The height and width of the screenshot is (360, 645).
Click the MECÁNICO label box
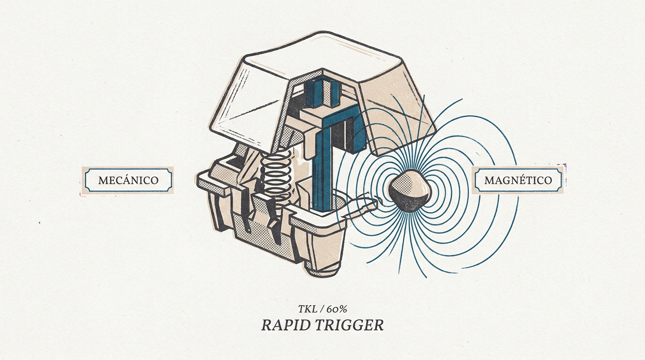(x=128, y=180)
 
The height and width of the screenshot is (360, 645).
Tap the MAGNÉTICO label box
(x=518, y=180)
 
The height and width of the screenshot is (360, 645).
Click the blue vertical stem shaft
(x=323, y=170)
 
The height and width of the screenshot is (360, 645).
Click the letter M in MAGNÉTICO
(x=489, y=180)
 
